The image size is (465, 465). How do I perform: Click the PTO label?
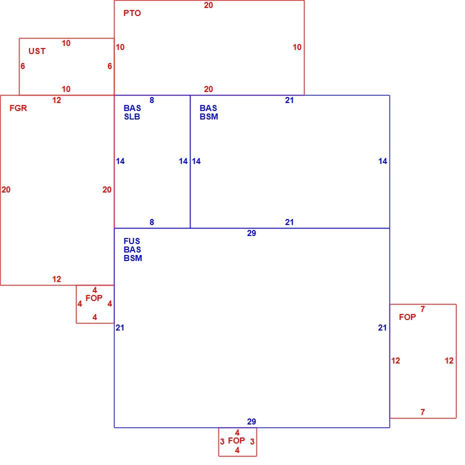point(132,13)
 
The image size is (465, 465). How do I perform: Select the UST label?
point(37,51)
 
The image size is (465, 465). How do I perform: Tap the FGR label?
point(18,108)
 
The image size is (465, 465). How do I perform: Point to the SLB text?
point(132,116)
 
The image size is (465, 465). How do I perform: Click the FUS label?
point(131,241)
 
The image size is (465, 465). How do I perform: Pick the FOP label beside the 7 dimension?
point(407,317)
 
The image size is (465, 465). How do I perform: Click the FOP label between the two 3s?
point(236,440)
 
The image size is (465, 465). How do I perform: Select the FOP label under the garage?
point(94,298)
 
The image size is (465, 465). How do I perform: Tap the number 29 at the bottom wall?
point(251,421)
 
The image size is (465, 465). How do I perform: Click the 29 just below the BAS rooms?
point(251,233)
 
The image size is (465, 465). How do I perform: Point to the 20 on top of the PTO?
point(208,5)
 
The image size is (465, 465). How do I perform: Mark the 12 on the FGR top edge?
point(56,100)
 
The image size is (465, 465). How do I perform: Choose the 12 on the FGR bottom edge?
point(56,279)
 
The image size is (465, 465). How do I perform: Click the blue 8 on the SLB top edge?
point(152,100)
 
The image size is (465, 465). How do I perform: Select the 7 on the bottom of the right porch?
point(422,412)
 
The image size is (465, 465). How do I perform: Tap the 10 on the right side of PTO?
point(297,47)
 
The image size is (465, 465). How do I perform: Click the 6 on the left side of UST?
point(23,66)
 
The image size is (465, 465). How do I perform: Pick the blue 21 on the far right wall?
point(382,327)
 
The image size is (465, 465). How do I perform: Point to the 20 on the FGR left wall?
point(6,189)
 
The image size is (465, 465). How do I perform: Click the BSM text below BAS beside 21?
point(209,116)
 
